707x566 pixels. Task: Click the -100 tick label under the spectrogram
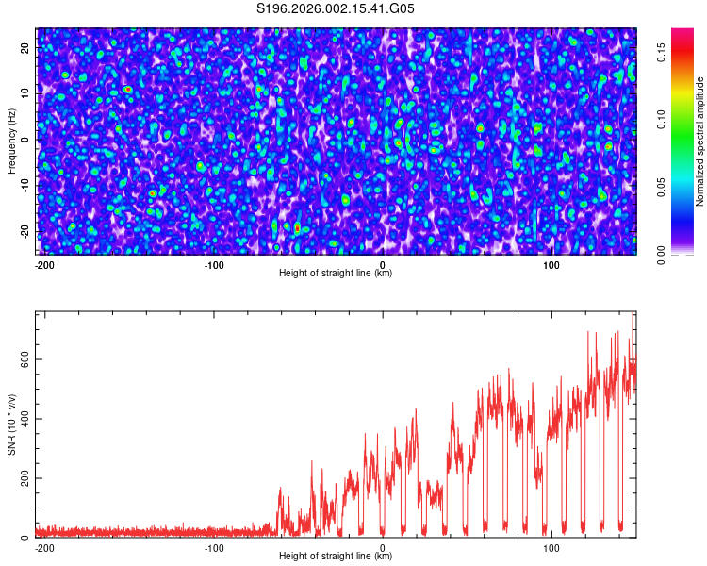(214, 264)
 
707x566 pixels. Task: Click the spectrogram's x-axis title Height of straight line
(336, 274)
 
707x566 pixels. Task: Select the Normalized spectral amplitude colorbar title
(700, 141)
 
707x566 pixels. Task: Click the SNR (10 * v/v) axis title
(11, 424)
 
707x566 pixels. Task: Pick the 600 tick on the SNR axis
(25, 359)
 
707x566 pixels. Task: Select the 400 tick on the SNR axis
(25, 419)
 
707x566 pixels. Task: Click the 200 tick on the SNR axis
(25, 478)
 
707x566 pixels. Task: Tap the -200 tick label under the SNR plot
(44, 547)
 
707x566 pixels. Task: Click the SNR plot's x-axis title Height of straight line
(336, 557)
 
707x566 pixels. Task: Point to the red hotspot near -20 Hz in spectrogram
(297, 227)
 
